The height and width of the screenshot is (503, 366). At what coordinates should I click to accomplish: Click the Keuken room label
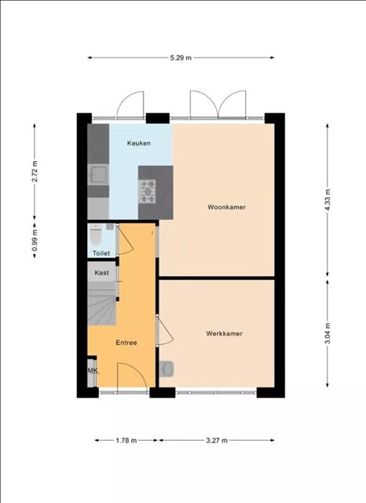(139, 143)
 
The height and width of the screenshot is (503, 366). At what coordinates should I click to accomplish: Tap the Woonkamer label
(226, 207)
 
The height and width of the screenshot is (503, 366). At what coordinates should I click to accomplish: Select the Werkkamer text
(224, 333)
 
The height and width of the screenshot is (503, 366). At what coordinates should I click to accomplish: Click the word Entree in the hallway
(126, 343)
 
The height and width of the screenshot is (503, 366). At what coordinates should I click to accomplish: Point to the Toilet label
(101, 253)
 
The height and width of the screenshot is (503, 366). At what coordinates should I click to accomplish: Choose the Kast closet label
(101, 273)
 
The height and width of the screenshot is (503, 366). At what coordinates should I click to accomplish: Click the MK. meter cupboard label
(93, 371)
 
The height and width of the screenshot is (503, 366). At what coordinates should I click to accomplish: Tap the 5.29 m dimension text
(181, 57)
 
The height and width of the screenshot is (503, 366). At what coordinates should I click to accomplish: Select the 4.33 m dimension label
(328, 200)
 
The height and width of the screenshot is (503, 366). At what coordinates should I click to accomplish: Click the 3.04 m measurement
(328, 333)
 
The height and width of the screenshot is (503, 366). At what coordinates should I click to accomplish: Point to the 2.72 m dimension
(35, 171)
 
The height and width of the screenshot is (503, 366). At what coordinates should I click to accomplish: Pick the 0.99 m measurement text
(35, 240)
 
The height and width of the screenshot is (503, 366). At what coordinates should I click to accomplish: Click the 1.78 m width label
(126, 440)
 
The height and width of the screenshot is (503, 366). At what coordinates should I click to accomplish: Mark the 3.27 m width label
(217, 440)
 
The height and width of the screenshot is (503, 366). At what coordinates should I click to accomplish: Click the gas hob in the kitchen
(148, 192)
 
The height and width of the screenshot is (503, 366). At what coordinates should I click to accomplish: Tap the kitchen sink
(98, 174)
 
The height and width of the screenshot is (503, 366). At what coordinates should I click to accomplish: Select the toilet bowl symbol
(96, 234)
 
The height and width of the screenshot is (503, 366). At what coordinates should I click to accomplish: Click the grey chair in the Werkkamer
(167, 369)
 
